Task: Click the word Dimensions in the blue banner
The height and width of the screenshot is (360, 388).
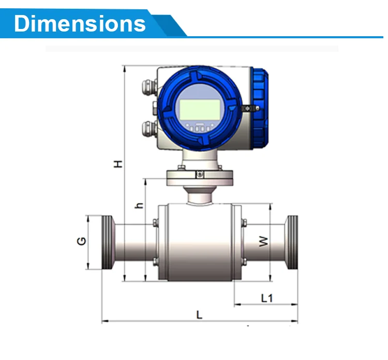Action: [80, 23]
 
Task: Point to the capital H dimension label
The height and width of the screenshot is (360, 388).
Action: [118, 163]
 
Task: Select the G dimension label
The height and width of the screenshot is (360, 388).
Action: [82, 241]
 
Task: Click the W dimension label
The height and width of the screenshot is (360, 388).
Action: [264, 241]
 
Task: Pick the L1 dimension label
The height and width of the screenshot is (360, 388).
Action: [267, 298]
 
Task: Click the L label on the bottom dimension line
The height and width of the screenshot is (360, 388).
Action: [199, 314]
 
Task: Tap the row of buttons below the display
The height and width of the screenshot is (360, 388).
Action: [200, 128]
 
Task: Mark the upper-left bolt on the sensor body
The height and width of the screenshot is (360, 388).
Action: [154, 223]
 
